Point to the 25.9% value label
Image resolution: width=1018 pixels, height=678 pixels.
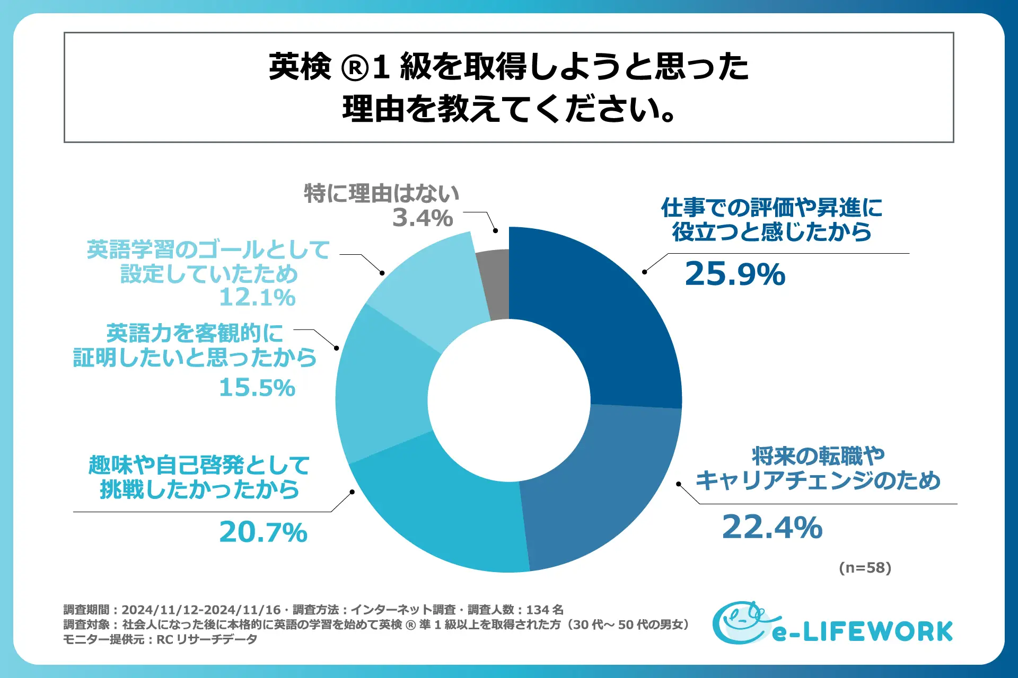(x=735, y=274)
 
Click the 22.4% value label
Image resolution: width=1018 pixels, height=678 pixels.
(x=772, y=528)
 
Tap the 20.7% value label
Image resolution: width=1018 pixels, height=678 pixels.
(x=263, y=532)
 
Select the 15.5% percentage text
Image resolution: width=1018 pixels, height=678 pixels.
(x=257, y=388)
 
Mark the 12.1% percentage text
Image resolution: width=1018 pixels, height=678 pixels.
(x=257, y=298)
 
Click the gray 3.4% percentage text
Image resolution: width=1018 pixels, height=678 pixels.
(x=423, y=218)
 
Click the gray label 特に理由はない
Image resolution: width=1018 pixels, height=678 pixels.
(x=381, y=193)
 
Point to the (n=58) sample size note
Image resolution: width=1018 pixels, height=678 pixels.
(x=865, y=568)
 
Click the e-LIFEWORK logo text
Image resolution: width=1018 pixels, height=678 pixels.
(x=862, y=632)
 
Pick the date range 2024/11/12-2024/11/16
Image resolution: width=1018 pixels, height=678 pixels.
(x=201, y=610)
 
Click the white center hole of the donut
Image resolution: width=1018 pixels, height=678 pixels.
(x=509, y=400)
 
